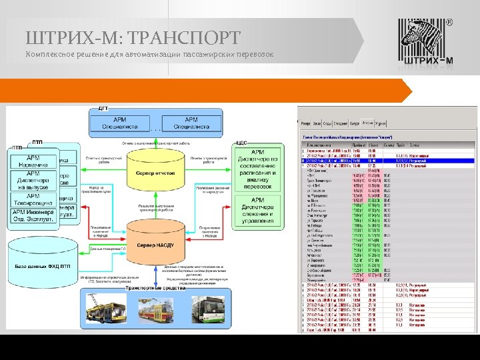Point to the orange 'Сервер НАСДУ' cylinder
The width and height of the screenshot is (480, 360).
coord(156,245)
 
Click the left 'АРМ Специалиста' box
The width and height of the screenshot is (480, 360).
coord(120,123)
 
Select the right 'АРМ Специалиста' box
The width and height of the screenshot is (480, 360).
coord(191,123)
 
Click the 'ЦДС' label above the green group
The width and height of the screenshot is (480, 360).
coord(241,143)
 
